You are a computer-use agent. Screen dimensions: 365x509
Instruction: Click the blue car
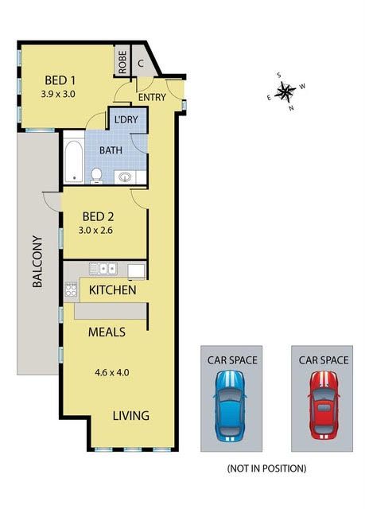coord(229,406)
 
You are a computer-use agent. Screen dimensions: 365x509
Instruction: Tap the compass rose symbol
coord(285,91)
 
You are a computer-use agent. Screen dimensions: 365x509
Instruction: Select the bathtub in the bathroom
coord(74,161)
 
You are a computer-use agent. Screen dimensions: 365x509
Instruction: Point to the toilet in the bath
coord(96,176)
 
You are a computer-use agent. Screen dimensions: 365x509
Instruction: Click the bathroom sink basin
coord(125,177)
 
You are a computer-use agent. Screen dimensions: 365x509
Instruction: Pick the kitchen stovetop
coord(71,289)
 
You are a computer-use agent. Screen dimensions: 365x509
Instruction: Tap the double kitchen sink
coord(103,269)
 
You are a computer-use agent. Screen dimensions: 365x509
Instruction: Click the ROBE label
coord(122,62)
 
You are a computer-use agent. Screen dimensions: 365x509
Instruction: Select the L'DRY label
coord(126,119)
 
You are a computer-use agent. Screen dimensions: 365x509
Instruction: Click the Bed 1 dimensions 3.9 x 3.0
coord(58,94)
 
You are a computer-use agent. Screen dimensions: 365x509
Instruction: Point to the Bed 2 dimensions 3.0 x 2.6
coord(95,231)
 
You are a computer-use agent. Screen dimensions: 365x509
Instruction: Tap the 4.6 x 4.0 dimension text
coord(112,372)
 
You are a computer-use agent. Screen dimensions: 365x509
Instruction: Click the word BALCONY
coord(37,262)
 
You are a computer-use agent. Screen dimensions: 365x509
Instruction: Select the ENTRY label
coord(152,97)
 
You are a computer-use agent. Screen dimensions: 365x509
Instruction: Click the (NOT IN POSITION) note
coord(266,468)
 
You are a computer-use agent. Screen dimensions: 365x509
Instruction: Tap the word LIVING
coord(131,415)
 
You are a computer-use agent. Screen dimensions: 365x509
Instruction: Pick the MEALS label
coord(107,332)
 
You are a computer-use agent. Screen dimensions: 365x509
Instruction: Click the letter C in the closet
coord(141,64)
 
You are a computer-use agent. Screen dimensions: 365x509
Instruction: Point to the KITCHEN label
coord(113,289)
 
